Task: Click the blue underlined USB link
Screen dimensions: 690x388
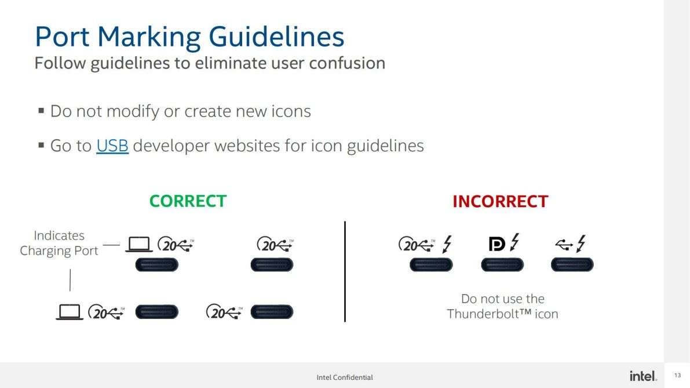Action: tap(112, 146)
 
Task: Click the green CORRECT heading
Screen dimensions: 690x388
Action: tap(188, 201)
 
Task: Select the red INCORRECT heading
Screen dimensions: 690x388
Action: tap(501, 201)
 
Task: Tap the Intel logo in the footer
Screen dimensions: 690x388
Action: tap(643, 376)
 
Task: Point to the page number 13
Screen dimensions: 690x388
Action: tap(677, 375)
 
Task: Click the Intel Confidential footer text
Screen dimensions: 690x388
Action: tap(345, 378)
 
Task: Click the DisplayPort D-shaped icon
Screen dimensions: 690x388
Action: tap(497, 244)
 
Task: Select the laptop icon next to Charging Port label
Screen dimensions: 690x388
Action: tap(139, 244)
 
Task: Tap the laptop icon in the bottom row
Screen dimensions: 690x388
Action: tap(70, 312)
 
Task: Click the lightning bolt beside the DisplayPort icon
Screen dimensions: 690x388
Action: tap(514, 242)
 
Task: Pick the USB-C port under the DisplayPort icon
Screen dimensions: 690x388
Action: tap(502, 264)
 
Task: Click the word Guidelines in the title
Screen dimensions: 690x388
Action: tap(276, 37)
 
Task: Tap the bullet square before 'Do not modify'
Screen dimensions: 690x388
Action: tap(41, 110)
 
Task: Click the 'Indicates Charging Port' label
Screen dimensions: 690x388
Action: tap(59, 243)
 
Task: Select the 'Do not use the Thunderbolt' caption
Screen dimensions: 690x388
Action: tap(502, 306)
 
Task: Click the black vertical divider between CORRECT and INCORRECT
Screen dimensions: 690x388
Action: tap(345, 272)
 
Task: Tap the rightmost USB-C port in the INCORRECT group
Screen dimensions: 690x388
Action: tap(572, 264)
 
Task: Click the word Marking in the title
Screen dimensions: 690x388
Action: tap(149, 37)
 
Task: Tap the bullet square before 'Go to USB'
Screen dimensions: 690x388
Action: tap(41, 145)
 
